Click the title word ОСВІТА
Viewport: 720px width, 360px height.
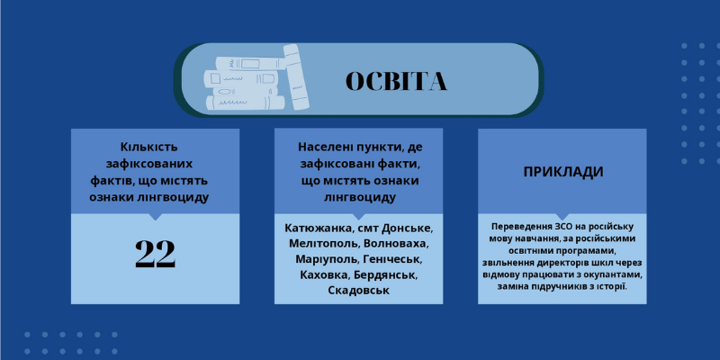[x=396, y=81]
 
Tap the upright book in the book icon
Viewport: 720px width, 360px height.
[x=296, y=76]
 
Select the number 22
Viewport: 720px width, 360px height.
[x=155, y=254]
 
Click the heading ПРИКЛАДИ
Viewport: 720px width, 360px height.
[x=563, y=172]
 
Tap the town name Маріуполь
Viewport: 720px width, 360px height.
[x=327, y=259]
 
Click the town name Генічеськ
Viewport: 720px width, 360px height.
[x=391, y=259]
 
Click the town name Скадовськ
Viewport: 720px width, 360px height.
[x=358, y=290]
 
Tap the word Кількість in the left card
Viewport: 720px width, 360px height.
[x=148, y=148]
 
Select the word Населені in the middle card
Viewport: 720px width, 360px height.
[x=326, y=148]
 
